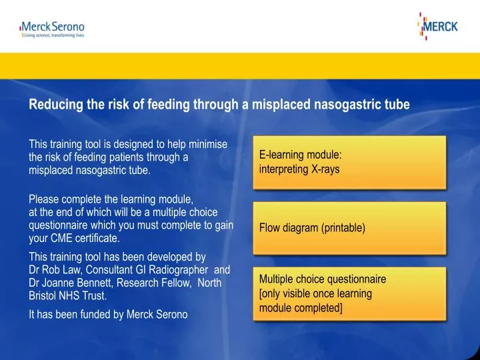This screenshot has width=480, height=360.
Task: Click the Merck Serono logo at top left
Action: click(53, 27)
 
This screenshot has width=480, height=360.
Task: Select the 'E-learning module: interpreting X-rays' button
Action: click(349, 162)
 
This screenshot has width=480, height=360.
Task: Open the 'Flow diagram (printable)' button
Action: click(349, 228)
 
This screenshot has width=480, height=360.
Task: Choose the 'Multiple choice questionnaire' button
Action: click(349, 294)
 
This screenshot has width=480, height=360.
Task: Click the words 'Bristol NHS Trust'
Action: click(67, 295)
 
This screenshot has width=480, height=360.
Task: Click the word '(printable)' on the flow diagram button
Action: click(343, 228)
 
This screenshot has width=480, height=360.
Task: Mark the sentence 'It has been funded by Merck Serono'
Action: click(108, 315)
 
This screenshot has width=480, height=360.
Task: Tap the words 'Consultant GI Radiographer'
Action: click(140, 270)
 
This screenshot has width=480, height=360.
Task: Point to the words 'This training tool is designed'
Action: click(93, 144)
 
